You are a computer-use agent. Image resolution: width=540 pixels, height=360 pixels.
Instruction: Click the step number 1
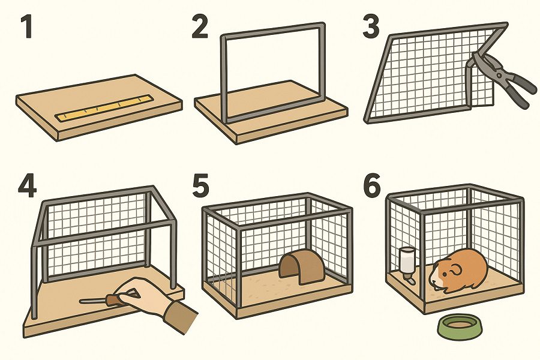[x=26, y=26]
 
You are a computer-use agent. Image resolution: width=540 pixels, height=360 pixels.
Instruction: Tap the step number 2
[x=200, y=26]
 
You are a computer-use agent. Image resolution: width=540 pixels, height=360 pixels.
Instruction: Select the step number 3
[x=371, y=26]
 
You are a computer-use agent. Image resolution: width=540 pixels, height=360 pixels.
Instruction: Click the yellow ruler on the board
[x=105, y=108]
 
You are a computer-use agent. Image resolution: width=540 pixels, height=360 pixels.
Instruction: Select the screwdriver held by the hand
[x=107, y=299]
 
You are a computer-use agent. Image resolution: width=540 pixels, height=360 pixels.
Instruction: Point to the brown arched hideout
[x=302, y=266]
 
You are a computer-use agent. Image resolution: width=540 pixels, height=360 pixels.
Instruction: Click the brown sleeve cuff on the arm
[x=181, y=317]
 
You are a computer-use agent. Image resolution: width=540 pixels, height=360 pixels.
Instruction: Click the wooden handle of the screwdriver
[x=113, y=299]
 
